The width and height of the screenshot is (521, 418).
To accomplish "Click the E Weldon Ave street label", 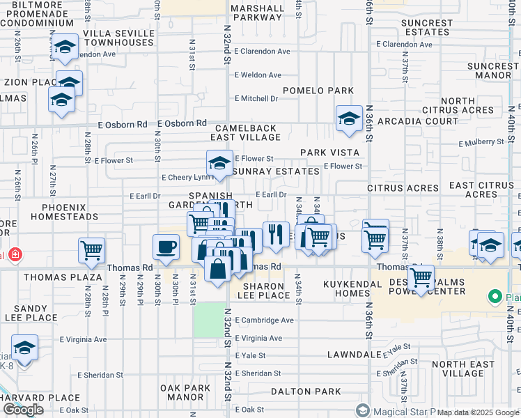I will (258, 75).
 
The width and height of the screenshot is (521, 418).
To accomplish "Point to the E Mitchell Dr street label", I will (256, 99).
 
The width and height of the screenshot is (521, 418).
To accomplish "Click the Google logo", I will (23, 410).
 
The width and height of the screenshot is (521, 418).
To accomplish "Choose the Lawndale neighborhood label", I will (354, 355).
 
